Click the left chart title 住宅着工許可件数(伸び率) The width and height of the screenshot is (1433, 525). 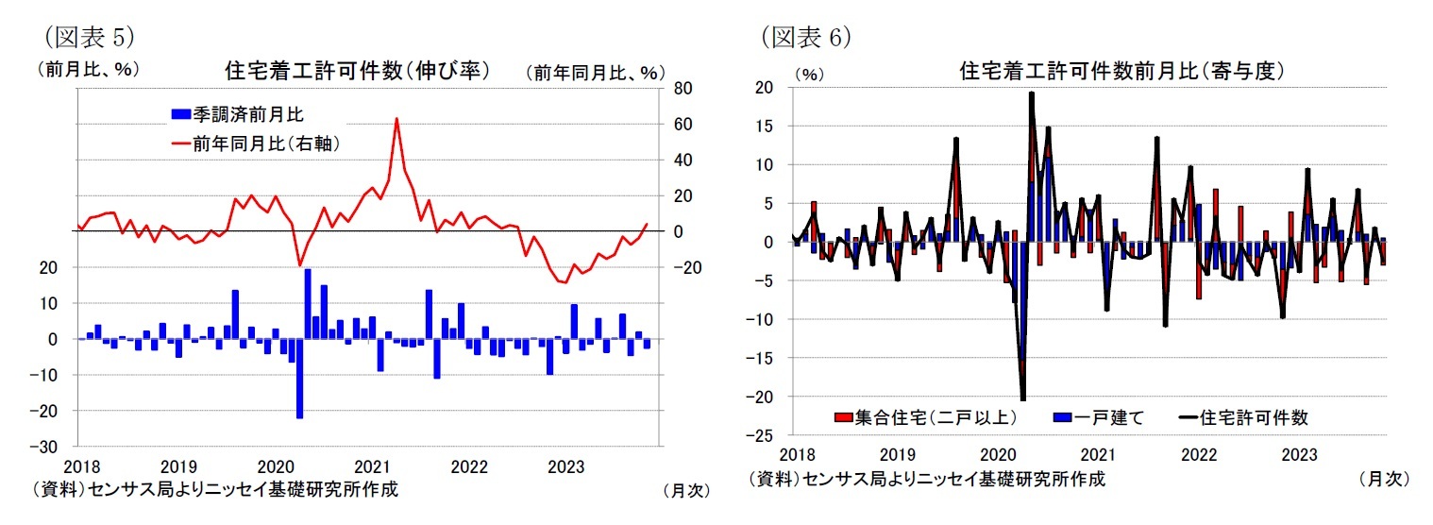tap(356, 71)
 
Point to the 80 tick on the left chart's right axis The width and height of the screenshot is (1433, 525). tap(682, 89)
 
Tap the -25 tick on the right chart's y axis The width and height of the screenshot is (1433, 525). tap(760, 435)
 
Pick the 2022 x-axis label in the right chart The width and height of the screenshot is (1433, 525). tap(1198, 454)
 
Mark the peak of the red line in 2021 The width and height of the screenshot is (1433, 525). tap(396, 119)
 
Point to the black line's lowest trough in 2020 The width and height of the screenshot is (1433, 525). tap(1022, 399)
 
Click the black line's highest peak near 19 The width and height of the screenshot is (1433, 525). tap(1031, 93)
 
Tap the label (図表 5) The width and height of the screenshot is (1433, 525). tap(85, 37)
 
